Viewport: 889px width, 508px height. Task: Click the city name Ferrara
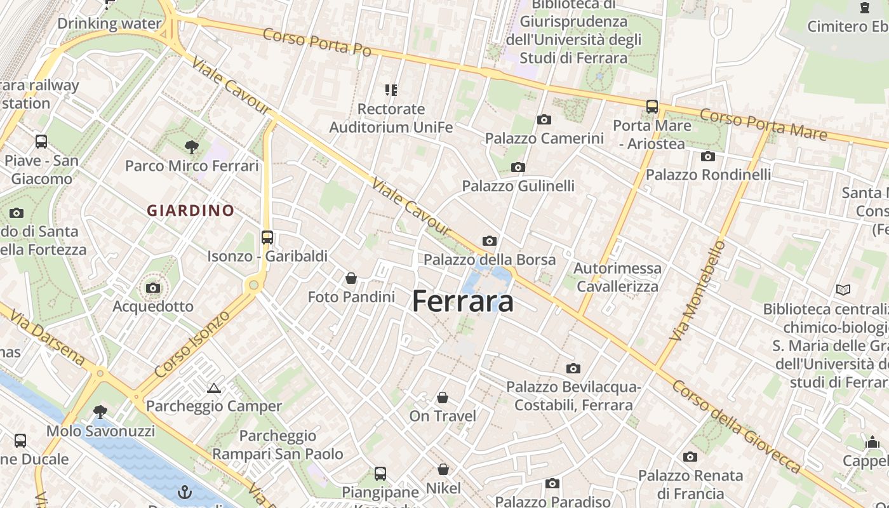463,302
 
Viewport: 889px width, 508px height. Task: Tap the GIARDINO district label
190,210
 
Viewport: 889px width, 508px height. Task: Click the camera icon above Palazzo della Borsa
489,241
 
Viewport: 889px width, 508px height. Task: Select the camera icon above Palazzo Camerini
544,119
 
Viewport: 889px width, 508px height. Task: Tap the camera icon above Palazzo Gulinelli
518,168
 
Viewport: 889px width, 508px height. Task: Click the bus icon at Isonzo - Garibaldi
267,237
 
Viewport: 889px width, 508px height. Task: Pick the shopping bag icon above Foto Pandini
351,278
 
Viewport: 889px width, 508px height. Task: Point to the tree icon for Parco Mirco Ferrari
191,147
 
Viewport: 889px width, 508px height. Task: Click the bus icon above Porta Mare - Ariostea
652,106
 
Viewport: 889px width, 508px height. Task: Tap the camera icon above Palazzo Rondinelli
708,156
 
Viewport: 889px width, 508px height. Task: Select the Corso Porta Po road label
317,42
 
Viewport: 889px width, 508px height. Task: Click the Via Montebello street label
697,290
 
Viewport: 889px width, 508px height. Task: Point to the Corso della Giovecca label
737,427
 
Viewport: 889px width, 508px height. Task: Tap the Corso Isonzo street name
192,346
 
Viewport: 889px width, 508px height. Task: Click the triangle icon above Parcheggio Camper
213,388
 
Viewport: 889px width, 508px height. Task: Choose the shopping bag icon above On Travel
443,398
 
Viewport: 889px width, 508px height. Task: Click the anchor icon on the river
185,492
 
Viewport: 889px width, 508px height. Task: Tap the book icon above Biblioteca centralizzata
843,290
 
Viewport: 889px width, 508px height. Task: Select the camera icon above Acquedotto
152,288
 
